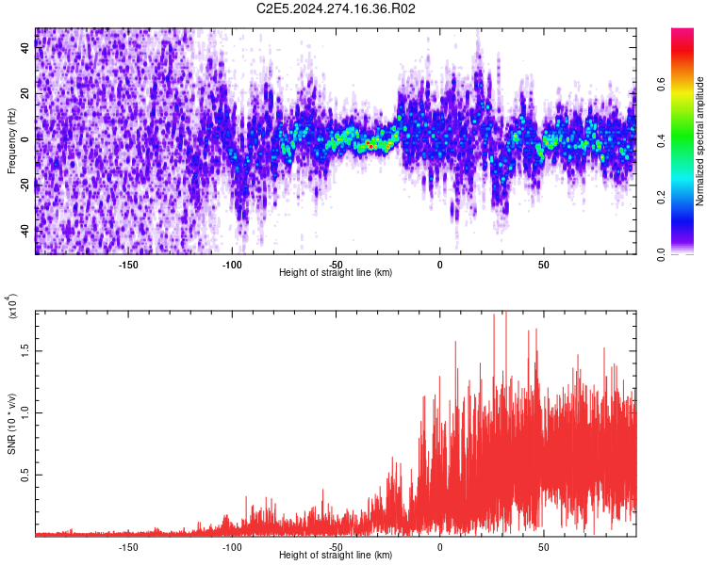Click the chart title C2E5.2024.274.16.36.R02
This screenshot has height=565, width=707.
337,8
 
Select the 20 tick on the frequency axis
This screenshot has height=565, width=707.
25,93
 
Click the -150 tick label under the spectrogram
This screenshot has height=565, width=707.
128,264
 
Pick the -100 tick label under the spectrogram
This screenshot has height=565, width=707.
232,264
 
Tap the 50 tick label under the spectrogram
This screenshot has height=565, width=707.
543,264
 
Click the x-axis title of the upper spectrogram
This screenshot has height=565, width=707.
336,273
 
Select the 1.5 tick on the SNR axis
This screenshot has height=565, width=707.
25,348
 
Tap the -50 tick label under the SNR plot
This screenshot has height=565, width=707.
336,546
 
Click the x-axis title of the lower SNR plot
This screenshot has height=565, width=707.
336,556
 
